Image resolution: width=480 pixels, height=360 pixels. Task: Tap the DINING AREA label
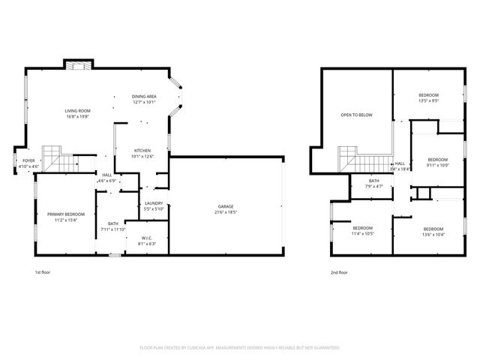144,97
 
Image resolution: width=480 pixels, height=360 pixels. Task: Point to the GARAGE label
226,206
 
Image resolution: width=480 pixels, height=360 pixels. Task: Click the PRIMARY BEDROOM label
65,214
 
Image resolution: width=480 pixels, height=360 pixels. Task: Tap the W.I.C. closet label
145,238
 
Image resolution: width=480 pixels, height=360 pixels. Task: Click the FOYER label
28,160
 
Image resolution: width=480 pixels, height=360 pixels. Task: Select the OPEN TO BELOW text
356,115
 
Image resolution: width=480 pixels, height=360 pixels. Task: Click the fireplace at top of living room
77,65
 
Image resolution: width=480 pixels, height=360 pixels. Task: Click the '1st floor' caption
43,273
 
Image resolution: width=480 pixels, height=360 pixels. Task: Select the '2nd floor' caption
339,273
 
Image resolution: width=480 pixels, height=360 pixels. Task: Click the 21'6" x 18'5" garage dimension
226,212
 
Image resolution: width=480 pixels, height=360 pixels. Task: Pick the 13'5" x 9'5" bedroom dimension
428,100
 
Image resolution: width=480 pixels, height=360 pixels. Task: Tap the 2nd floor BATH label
373,181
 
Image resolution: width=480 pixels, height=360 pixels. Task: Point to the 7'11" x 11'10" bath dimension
112,229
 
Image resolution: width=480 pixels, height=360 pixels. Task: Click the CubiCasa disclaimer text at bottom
240,347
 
